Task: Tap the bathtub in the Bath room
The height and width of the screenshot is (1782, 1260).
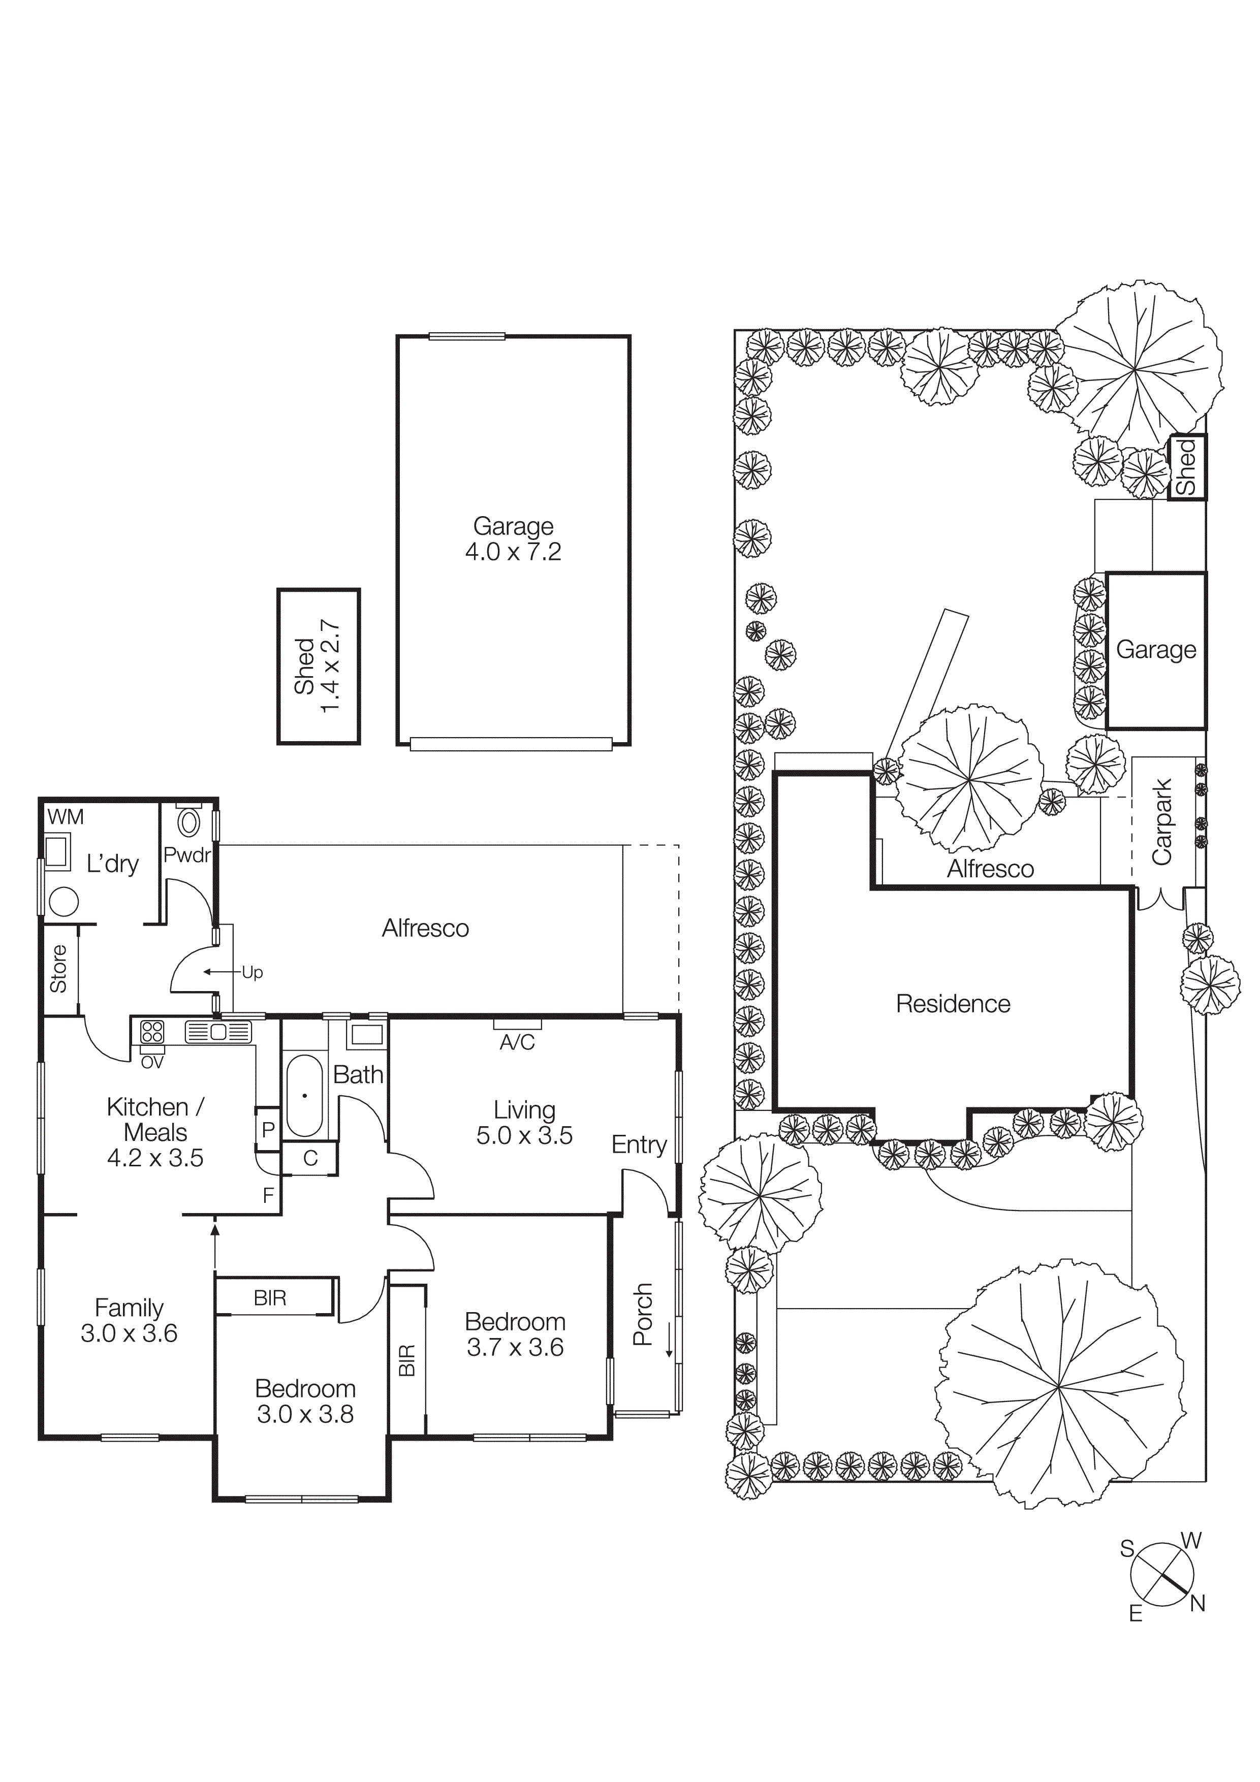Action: (x=304, y=1095)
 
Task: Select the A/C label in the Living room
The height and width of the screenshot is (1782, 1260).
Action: (x=517, y=1042)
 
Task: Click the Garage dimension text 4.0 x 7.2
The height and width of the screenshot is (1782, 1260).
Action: (x=513, y=552)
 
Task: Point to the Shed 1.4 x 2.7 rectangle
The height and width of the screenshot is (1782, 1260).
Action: (x=318, y=666)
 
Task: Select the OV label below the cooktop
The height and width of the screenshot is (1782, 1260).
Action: (x=152, y=1063)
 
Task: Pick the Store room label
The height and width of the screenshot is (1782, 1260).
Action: (x=59, y=969)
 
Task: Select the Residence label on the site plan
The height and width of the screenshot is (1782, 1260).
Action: (x=953, y=1004)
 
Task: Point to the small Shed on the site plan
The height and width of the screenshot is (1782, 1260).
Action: (x=1187, y=466)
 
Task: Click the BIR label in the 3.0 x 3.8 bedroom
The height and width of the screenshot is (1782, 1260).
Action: (x=269, y=1298)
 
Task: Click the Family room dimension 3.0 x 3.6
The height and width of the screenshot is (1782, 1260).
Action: (x=129, y=1333)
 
